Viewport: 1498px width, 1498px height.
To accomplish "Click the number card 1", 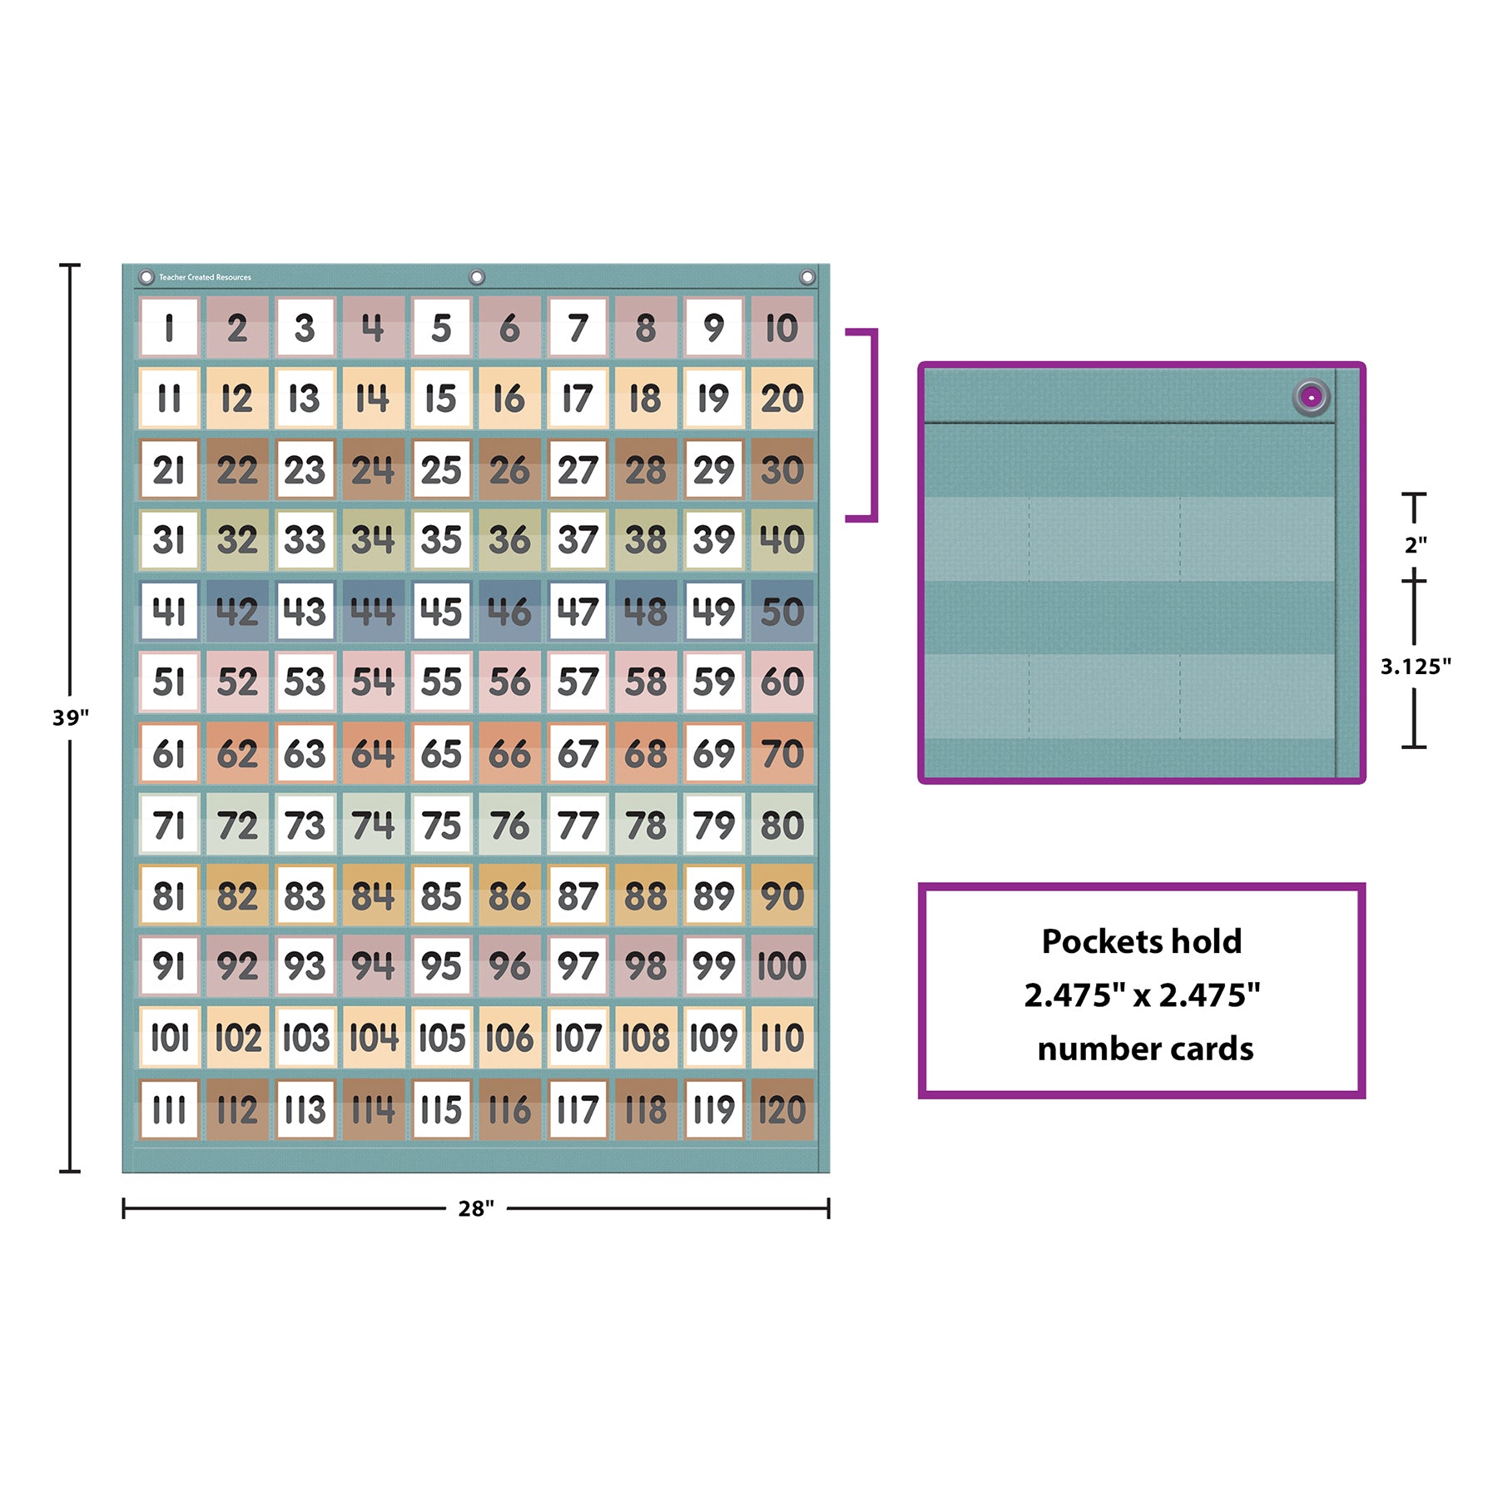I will pyautogui.click(x=169, y=328).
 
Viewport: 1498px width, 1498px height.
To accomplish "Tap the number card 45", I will pyautogui.click(x=441, y=612).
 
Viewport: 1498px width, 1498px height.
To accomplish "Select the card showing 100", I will pyautogui.click(x=781, y=966).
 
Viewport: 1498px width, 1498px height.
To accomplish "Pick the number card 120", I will pyautogui.click(x=781, y=1109).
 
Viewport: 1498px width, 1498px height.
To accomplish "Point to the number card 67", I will pyautogui.click(x=578, y=754).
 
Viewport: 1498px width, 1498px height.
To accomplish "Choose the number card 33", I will pyautogui.click(x=305, y=540).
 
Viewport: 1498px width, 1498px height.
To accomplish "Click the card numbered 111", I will pyautogui.click(x=169, y=1109).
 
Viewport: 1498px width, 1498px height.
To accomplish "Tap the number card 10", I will pyautogui.click(x=781, y=328).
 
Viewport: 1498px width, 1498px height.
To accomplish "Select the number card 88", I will pyautogui.click(x=646, y=896).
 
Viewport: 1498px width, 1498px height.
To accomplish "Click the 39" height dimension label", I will pyautogui.click(x=71, y=717).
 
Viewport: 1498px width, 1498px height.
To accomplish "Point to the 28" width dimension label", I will pyautogui.click(x=476, y=1208).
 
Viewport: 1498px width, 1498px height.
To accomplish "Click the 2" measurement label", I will pyautogui.click(x=1415, y=545).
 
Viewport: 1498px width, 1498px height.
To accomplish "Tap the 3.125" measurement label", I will pyautogui.click(x=1415, y=666).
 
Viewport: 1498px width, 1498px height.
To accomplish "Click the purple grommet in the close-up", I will pyautogui.click(x=1311, y=398).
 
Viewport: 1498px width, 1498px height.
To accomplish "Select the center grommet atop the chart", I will pyautogui.click(x=477, y=277).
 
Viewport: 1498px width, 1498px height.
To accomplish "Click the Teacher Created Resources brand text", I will pyautogui.click(x=205, y=277).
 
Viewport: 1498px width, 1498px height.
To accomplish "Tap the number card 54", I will pyautogui.click(x=373, y=682).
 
